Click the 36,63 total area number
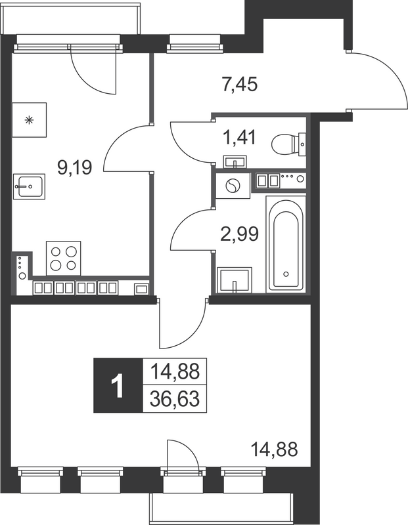(175, 398)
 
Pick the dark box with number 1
(118, 386)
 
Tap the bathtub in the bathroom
(285, 243)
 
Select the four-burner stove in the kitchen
(63, 257)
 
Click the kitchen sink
(28, 186)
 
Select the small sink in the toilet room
(234, 161)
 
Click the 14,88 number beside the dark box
(175, 372)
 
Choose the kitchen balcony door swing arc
(89, 69)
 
